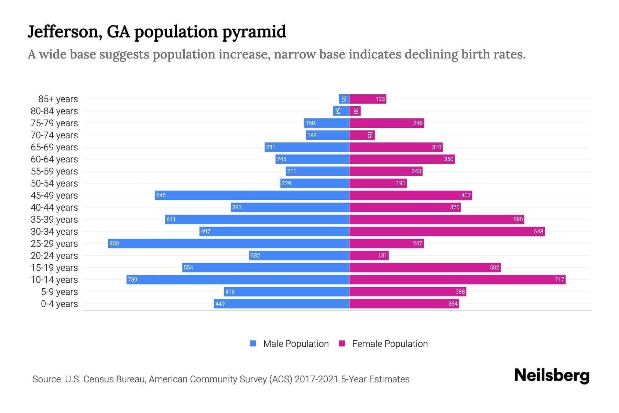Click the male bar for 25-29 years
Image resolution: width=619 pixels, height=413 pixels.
[x=228, y=243]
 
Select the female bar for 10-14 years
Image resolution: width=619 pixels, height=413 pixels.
[x=457, y=279]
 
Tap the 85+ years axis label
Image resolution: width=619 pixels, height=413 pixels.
[x=58, y=99]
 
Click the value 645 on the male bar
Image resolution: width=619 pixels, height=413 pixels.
[x=161, y=195]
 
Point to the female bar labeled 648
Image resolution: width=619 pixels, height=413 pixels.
[x=447, y=231]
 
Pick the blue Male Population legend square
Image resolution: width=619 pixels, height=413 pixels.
[x=253, y=343]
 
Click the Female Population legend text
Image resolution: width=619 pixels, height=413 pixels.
[x=390, y=343]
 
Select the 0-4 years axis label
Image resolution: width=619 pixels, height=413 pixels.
[x=59, y=304]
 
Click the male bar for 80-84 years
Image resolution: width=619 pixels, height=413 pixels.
[x=341, y=111]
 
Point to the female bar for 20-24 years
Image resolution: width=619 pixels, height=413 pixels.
[x=369, y=255]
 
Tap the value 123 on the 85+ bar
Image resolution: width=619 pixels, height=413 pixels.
[x=380, y=99]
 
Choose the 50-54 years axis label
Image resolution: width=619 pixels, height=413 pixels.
[x=54, y=183]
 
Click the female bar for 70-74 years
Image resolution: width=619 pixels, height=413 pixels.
[x=362, y=135]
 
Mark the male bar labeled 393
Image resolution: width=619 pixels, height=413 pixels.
[x=290, y=207]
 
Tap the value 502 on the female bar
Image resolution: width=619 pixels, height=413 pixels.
[x=494, y=267]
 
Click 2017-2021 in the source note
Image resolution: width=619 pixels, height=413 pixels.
[x=316, y=379]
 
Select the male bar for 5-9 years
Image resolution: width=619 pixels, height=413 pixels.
[x=286, y=292]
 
